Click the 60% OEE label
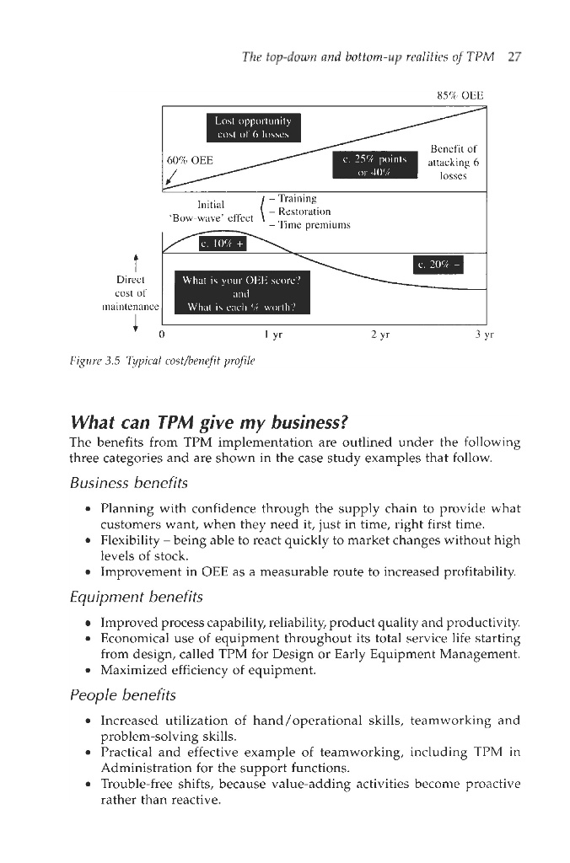pyautogui.click(x=190, y=160)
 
